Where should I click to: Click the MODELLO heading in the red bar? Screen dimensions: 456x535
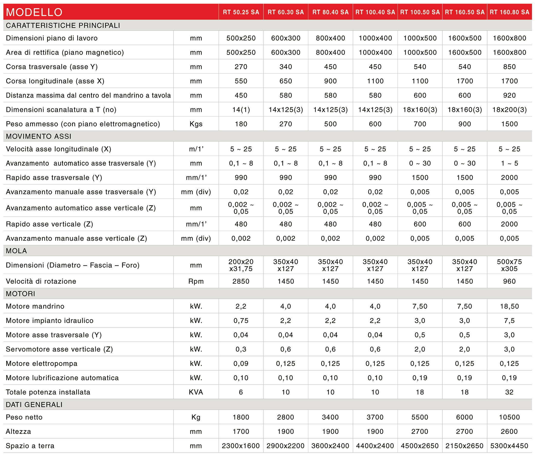point(34,12)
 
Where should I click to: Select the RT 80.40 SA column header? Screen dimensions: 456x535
point(330,12)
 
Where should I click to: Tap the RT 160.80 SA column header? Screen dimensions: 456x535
point(510,12)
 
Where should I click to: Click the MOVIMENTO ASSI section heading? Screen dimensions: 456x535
point(39,136)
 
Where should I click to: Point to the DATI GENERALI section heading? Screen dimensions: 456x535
point(34,404)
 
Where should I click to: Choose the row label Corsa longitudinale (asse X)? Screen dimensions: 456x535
point(55,81)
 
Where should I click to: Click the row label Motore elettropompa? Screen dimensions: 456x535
point(42,363)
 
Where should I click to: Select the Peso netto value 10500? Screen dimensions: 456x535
point(510,417)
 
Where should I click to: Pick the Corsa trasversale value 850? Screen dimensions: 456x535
point(510,67)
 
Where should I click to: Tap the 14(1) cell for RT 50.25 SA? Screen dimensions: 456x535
point(241,110)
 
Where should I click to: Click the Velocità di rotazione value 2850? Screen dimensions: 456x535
point(241,281)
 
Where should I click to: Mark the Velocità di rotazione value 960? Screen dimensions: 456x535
point(510,281)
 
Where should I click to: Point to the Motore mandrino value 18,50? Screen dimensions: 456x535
point(510,306)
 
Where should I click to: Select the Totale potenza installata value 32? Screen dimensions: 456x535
point(510,392)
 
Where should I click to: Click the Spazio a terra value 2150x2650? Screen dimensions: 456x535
point(464,446)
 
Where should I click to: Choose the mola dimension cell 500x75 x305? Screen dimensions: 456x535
point(510,265)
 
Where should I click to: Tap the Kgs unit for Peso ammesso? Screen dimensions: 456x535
point(196,124)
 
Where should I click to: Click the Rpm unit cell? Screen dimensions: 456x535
point(196,281)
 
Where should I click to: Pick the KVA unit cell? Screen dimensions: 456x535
point(196,392)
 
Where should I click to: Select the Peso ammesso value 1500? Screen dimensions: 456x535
point(510,124)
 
